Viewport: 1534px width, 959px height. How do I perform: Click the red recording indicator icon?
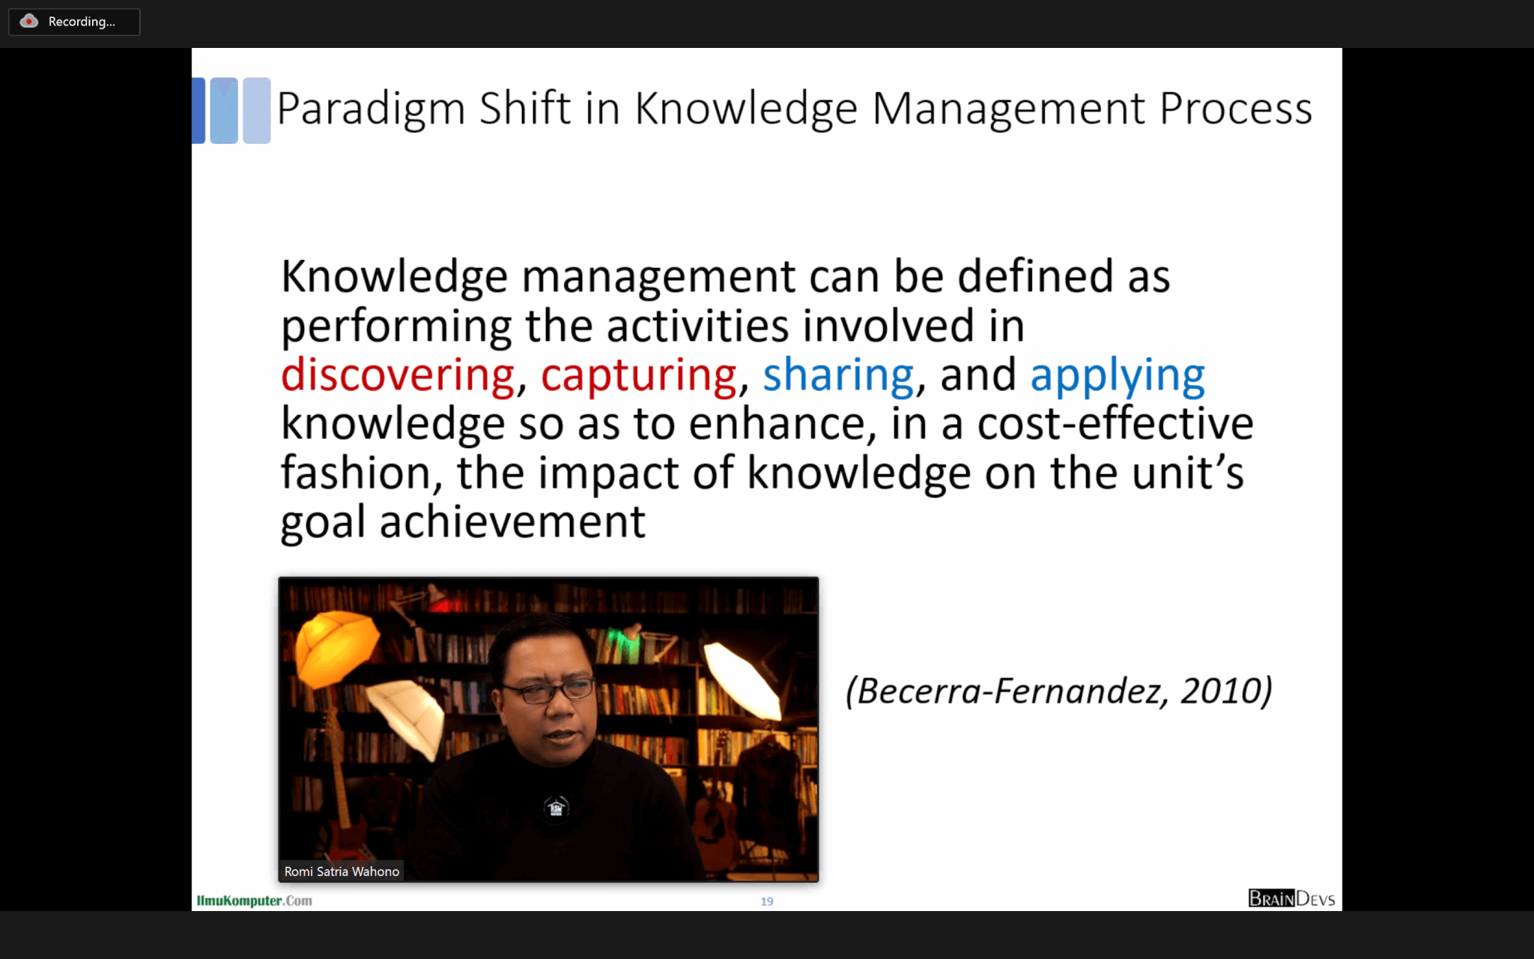point(28,21)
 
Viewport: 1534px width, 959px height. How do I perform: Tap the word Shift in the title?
point(525,108)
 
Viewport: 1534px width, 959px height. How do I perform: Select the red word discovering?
point(398,375)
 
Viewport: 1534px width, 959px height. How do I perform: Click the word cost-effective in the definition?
point(1115,423)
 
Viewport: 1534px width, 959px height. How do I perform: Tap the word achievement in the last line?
point(512,521)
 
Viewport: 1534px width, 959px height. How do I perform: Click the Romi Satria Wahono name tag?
point(342,871)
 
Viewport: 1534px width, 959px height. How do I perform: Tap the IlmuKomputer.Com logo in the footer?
point(254,901)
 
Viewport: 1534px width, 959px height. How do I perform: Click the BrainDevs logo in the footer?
point(1291,898)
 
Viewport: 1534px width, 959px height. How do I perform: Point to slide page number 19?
point(767,901)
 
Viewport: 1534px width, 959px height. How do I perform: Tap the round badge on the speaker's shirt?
point(556,808)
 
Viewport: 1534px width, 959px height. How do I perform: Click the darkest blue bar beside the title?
point(198,110)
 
